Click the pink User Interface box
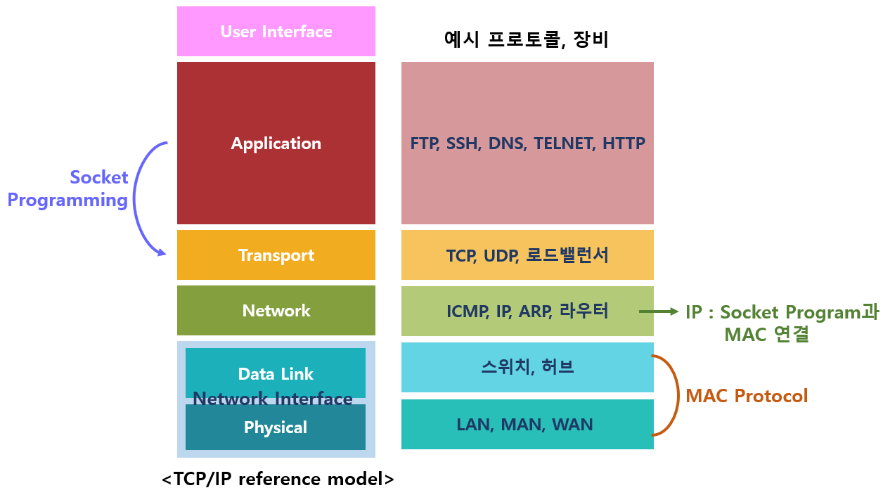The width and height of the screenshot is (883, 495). (x=276, y=32)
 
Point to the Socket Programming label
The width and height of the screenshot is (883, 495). (x=69, y=188)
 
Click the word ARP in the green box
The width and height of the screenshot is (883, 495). (x=536, y=311)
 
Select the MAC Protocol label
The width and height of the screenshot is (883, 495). (x=747, y=396)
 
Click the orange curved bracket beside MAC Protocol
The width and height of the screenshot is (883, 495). (x=673, y=396)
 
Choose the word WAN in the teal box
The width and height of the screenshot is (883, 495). (x=572, y=425)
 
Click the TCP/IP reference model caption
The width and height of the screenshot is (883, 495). (x=278, y=480)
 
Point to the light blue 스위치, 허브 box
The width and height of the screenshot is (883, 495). (x=527, y=367)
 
